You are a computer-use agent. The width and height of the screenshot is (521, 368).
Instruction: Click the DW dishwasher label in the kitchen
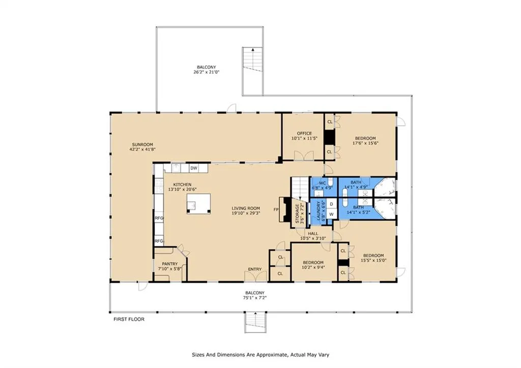[194, 168]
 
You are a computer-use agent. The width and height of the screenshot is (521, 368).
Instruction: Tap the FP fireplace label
[276, 209]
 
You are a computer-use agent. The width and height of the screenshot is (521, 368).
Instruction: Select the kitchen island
[199, 204]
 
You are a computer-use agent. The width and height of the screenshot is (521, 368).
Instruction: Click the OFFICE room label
[304, 133]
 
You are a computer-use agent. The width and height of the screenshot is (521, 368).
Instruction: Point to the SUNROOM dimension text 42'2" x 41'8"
[142, 150]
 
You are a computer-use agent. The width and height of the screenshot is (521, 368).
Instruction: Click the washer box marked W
[331, 214]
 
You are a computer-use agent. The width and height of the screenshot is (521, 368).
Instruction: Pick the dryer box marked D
[331, 204]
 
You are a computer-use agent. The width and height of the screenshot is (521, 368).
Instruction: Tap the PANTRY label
[170, 264]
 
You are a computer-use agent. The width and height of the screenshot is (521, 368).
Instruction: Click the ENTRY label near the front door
[255, 269]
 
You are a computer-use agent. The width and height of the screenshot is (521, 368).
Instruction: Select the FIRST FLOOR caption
[129, 319]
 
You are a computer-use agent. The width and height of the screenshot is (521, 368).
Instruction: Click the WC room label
[322, 183]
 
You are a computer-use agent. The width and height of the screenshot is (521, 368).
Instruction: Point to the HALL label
[313, 234]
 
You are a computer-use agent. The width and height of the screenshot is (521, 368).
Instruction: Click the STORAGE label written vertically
[297, 214]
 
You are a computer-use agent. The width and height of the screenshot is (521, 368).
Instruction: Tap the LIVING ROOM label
[246, 209]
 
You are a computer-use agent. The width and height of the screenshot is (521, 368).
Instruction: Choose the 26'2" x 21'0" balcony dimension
[207, 72]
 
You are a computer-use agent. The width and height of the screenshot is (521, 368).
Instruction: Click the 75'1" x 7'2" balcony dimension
[255, 298]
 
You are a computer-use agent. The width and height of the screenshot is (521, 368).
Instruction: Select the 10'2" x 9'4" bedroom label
[313, 267]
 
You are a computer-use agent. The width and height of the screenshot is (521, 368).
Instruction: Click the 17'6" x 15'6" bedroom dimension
[365, 143]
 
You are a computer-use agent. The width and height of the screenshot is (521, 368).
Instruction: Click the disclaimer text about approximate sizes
[260, 355]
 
